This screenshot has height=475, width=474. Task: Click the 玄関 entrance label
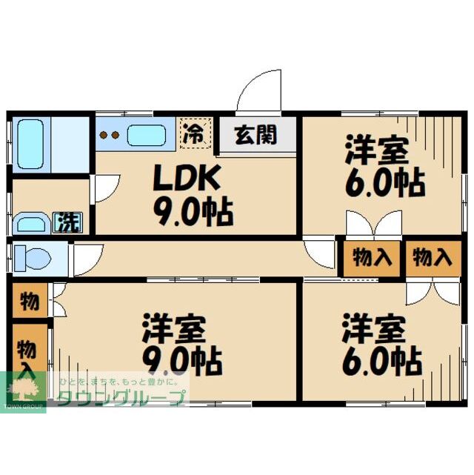(256, 136)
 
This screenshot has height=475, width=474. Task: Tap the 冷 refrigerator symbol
(194, 133)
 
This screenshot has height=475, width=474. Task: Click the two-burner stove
(110, 136)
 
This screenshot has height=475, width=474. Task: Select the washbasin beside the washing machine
(31, 223)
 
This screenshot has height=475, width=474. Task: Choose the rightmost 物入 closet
(430, 259)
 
